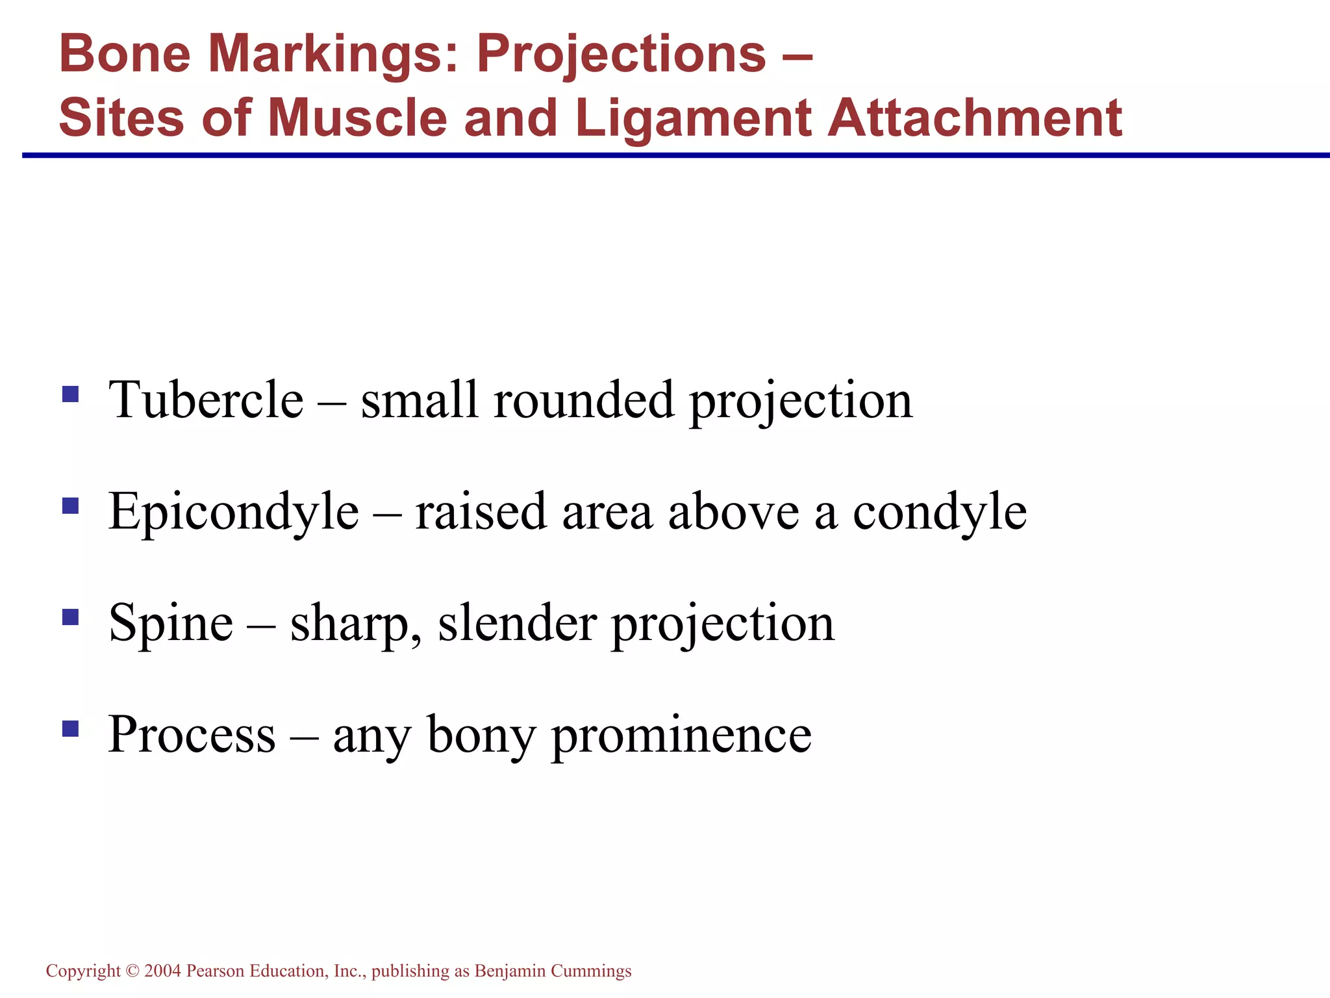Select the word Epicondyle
[x=233, y=512]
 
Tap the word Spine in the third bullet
[x=171, y=623]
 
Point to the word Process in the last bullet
[x=192, y=734]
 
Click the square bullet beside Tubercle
[x=70, y=394]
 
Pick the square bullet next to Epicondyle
[x=70, y=505]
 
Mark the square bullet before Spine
[x=70, y=617]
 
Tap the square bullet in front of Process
[x=70, y=728]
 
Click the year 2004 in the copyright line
[x=162, y=971]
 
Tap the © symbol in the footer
[x=132, y=971]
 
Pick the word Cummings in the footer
[x=591, y=971]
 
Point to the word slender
[x=517, y=623]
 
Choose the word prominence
[x=681, y=734]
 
